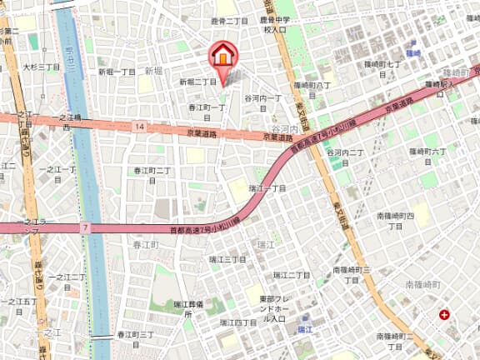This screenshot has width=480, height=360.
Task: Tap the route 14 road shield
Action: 139,126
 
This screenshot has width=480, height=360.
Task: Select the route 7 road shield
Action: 85,227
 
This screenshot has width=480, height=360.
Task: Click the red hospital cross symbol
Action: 444,314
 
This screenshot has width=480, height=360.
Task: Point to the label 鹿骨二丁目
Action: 231,19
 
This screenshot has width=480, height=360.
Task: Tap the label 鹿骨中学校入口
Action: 275,25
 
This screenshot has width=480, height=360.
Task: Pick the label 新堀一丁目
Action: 117,72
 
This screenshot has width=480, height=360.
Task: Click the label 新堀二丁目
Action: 197,82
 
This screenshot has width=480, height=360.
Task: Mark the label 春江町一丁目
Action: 207,107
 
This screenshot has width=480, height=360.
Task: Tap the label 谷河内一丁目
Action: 263,98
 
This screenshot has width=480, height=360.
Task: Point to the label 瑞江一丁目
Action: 267,189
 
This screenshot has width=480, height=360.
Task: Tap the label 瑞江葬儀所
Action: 189,309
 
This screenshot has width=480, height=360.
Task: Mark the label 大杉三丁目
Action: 41,67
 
